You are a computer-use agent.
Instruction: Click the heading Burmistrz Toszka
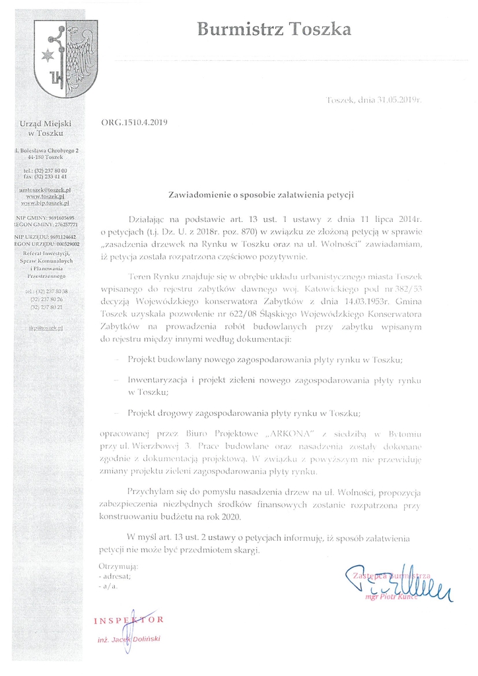(x=274, y=28)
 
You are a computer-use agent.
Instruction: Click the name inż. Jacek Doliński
(x=129, y=640)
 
